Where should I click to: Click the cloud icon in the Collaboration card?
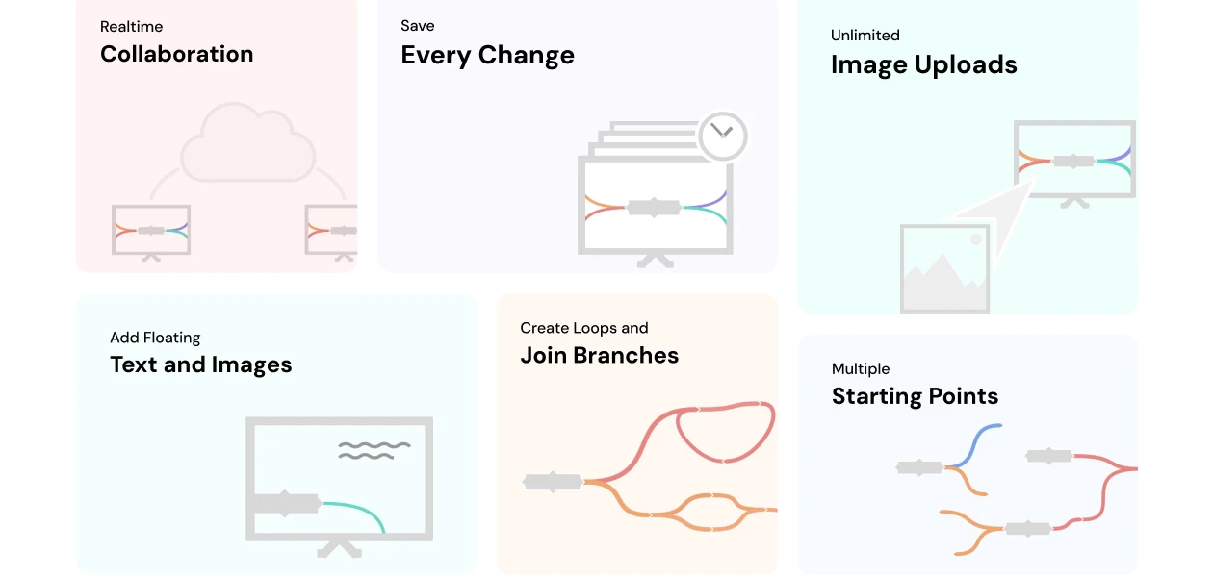(x=248, y=145)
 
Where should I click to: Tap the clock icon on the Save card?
(x=723, y=137)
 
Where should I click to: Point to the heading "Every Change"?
(x=487, y=56)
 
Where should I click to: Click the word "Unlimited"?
(x=865, y=36)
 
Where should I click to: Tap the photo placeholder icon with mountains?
(x=944, y=268)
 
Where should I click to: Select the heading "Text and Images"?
(x=200, y=365)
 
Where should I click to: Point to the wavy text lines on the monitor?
(x=374, y=450)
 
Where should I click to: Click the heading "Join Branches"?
(x=599, y=356)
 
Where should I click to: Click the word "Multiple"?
(x=860, y=369)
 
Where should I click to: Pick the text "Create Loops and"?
(x=583, y=328)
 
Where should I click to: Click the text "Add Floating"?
(x=155, y=338)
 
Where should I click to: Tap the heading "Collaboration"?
(x=176, y=55)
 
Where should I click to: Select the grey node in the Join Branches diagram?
(x=553, y=482)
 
